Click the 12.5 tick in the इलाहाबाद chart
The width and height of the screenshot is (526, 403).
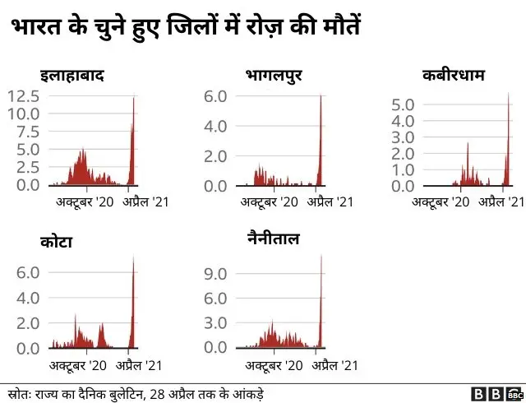pos(22,96)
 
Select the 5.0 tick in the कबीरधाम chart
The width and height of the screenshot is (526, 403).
pos(404,104)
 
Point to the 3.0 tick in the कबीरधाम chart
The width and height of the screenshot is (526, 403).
pos(404,137)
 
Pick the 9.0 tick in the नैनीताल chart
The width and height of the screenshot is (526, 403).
pos(215,272)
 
